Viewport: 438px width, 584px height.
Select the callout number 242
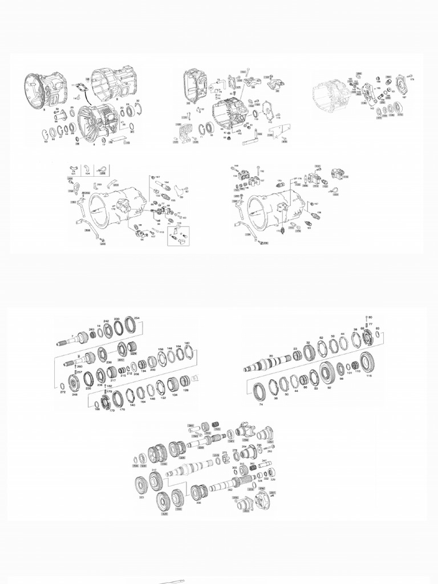pos(106,321)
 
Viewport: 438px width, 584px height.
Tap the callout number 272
pos(62,393)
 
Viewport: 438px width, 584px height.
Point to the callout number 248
pos(75,394)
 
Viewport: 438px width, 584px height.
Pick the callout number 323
pos(141,497)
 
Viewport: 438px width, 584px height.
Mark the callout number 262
pos(230,489)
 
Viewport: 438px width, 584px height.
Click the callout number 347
pos(263,460)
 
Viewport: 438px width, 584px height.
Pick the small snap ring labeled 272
pos(62,386)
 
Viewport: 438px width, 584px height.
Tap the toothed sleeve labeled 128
pos(185,380)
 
